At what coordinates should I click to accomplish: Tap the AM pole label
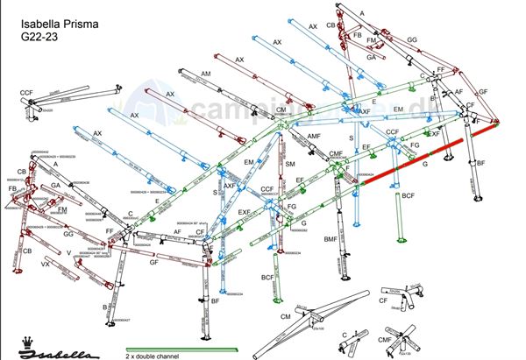tap(206, 73)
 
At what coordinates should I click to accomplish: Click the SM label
tap(290, 165)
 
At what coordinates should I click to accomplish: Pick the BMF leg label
tap(331, 238)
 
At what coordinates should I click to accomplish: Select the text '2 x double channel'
tap(153, 356)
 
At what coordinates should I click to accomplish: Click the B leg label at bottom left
tap(105, 307)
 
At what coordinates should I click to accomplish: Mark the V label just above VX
tap(68, 252)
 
